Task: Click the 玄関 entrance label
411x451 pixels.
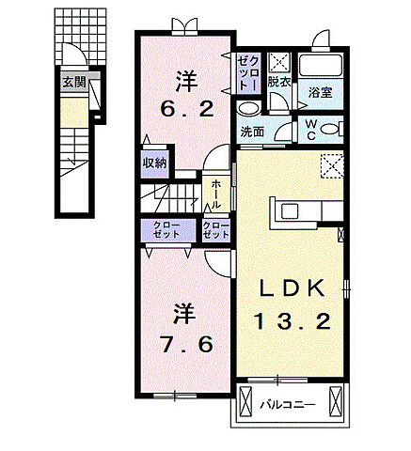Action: (74, 82)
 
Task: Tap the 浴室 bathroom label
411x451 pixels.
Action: (320, 92)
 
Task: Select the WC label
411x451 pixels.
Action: (311, 130)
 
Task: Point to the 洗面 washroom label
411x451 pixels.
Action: (252, 132)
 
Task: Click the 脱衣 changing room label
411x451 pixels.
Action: (278, 82)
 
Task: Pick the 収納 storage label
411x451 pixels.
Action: (155, 163)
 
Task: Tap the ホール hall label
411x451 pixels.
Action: (216, 194)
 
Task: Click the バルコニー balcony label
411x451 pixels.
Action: (288, 406)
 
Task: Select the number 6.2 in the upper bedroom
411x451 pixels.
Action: (187, 109)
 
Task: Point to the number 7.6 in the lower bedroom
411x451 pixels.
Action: (187, 344)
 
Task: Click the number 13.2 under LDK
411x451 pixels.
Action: (292, 321)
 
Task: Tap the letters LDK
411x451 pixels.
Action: (292, 288)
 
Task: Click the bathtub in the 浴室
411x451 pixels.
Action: (321, 66)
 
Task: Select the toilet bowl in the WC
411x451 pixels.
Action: (330, 130)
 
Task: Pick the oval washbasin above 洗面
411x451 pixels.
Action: (248, 109)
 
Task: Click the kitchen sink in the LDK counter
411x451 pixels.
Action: (291, 210)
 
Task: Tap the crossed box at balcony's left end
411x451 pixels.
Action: (245, 400)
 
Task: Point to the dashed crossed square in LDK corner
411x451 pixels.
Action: (332, 165)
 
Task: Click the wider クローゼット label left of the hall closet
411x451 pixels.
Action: (166, 230)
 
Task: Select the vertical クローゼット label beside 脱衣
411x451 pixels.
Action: (249, 73)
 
